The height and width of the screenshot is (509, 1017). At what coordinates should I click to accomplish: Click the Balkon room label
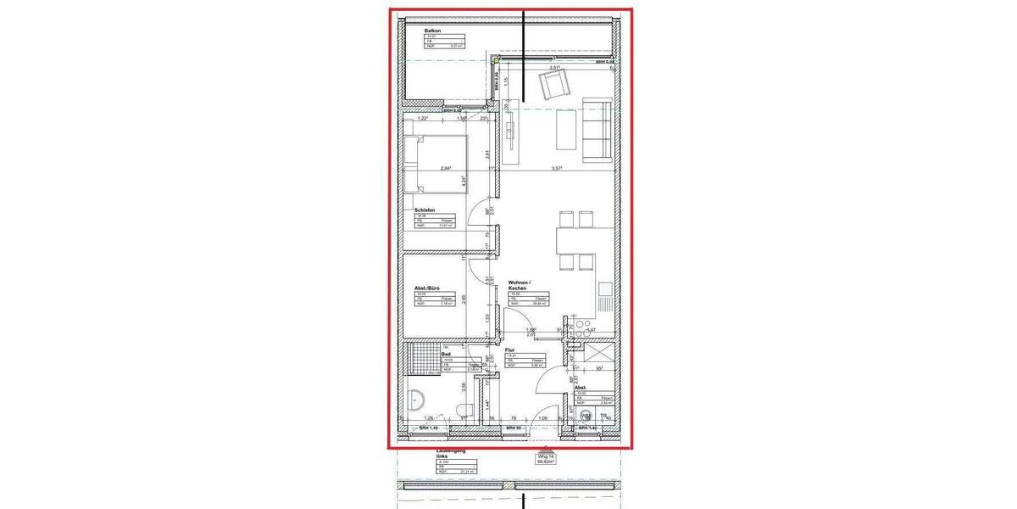pos(432,31)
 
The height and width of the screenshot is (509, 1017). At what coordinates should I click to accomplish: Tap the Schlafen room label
pos(426,210)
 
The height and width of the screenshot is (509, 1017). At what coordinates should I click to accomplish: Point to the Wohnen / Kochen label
pos(520,286)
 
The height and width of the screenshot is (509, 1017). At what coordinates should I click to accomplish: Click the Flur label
pos(511,349)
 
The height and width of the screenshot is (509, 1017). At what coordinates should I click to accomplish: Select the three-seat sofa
pos(597,129)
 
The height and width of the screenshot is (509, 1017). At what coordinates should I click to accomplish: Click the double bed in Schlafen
pos(436,164)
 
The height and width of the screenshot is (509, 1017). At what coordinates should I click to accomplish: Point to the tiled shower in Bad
pos(422,360)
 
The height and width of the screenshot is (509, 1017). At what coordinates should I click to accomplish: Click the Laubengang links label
pos(447,452)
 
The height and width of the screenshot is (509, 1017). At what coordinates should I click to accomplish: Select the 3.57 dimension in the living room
pos(557,168)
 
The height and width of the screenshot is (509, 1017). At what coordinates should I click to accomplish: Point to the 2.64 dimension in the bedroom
pos(444,168)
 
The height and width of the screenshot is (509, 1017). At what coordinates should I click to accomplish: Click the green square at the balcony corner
pos(496,61)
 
